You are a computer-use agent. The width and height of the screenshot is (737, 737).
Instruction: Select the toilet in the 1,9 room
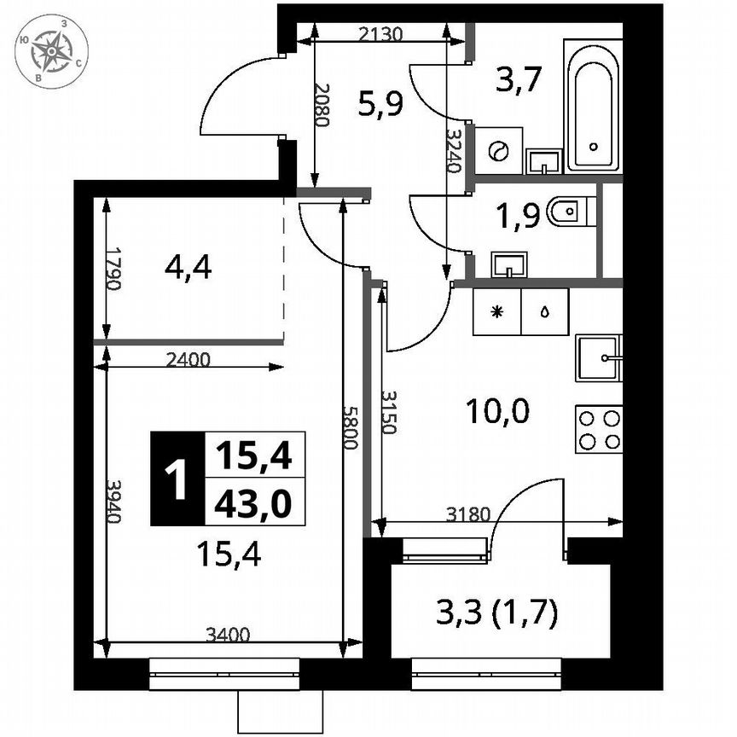point(569,212)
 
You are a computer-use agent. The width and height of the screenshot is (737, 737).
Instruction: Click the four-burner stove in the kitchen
point(599,429)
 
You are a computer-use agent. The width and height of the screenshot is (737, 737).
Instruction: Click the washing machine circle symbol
point(497,151)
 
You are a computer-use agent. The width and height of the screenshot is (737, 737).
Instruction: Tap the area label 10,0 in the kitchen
point(498,413)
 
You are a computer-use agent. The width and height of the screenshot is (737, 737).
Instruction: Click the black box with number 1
point(177,479)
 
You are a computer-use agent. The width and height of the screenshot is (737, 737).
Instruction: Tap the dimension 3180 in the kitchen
point(468,514)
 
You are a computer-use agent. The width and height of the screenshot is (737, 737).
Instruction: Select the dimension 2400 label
point(188,359)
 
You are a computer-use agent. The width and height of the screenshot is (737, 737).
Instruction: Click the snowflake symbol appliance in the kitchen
point(497,311)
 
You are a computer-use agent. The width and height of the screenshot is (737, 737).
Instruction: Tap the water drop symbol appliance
point(544,311)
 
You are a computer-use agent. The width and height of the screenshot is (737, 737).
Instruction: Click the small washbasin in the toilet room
point(509,265)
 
